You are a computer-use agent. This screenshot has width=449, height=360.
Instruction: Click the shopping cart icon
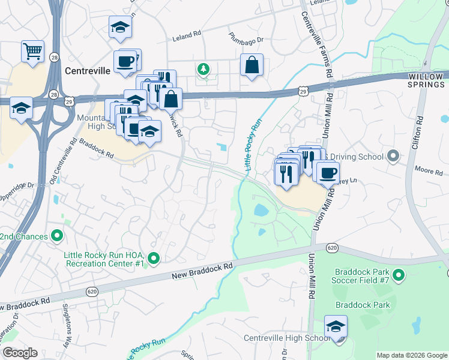[x=33, y=50]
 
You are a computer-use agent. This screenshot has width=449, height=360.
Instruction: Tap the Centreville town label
[x=87, y=71]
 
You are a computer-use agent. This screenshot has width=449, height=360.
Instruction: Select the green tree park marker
[x=204, y=69]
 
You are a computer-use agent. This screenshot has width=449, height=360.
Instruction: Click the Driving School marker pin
[x=393, y=157]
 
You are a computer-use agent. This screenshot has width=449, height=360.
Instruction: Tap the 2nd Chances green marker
[x=58, y=236]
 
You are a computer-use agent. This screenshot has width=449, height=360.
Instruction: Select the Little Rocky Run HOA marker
[x=154, y=259]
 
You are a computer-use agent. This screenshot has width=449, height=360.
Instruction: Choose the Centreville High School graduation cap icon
[x=336, y=327]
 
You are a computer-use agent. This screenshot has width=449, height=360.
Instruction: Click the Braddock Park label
[x=363, y=305]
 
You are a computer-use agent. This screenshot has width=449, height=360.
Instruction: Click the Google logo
[x=20, y=353]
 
